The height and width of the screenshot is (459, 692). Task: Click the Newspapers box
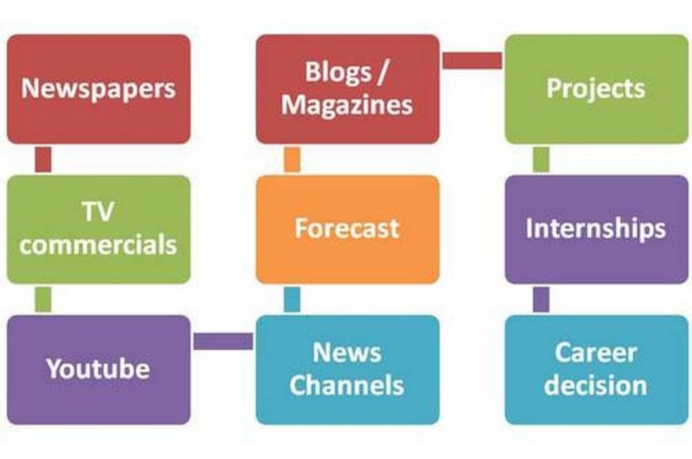click(99, 89)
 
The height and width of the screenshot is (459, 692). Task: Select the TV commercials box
click(99, 230)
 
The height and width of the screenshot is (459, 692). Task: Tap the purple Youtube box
click(99, 370)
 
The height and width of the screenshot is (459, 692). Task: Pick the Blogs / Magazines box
click(348, 89)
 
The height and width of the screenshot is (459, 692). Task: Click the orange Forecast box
click(348, 230)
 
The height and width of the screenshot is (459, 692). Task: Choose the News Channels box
click(348, 370)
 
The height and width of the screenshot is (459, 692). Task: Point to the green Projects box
click(597, 89)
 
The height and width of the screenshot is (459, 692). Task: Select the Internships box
click(597, 230)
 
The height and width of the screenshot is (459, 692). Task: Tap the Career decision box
click(597, 370)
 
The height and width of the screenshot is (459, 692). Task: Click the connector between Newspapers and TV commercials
click(43, 159)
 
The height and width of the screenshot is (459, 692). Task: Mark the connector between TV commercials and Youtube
click(43, 300)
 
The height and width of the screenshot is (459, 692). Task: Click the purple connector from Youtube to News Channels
click(223, 342)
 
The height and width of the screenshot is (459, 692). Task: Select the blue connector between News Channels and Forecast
click(292, 300)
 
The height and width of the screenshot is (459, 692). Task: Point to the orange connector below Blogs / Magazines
click(292, 159)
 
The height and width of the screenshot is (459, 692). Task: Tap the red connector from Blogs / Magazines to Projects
click(472, 60)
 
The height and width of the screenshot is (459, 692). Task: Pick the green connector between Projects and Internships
click(541, 159)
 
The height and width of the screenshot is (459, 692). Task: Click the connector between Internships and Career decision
click(541, 300)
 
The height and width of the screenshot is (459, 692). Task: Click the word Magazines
click(347, 106)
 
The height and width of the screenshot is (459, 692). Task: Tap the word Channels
click(347, 385)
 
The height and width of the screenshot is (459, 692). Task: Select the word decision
click(596, 385)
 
